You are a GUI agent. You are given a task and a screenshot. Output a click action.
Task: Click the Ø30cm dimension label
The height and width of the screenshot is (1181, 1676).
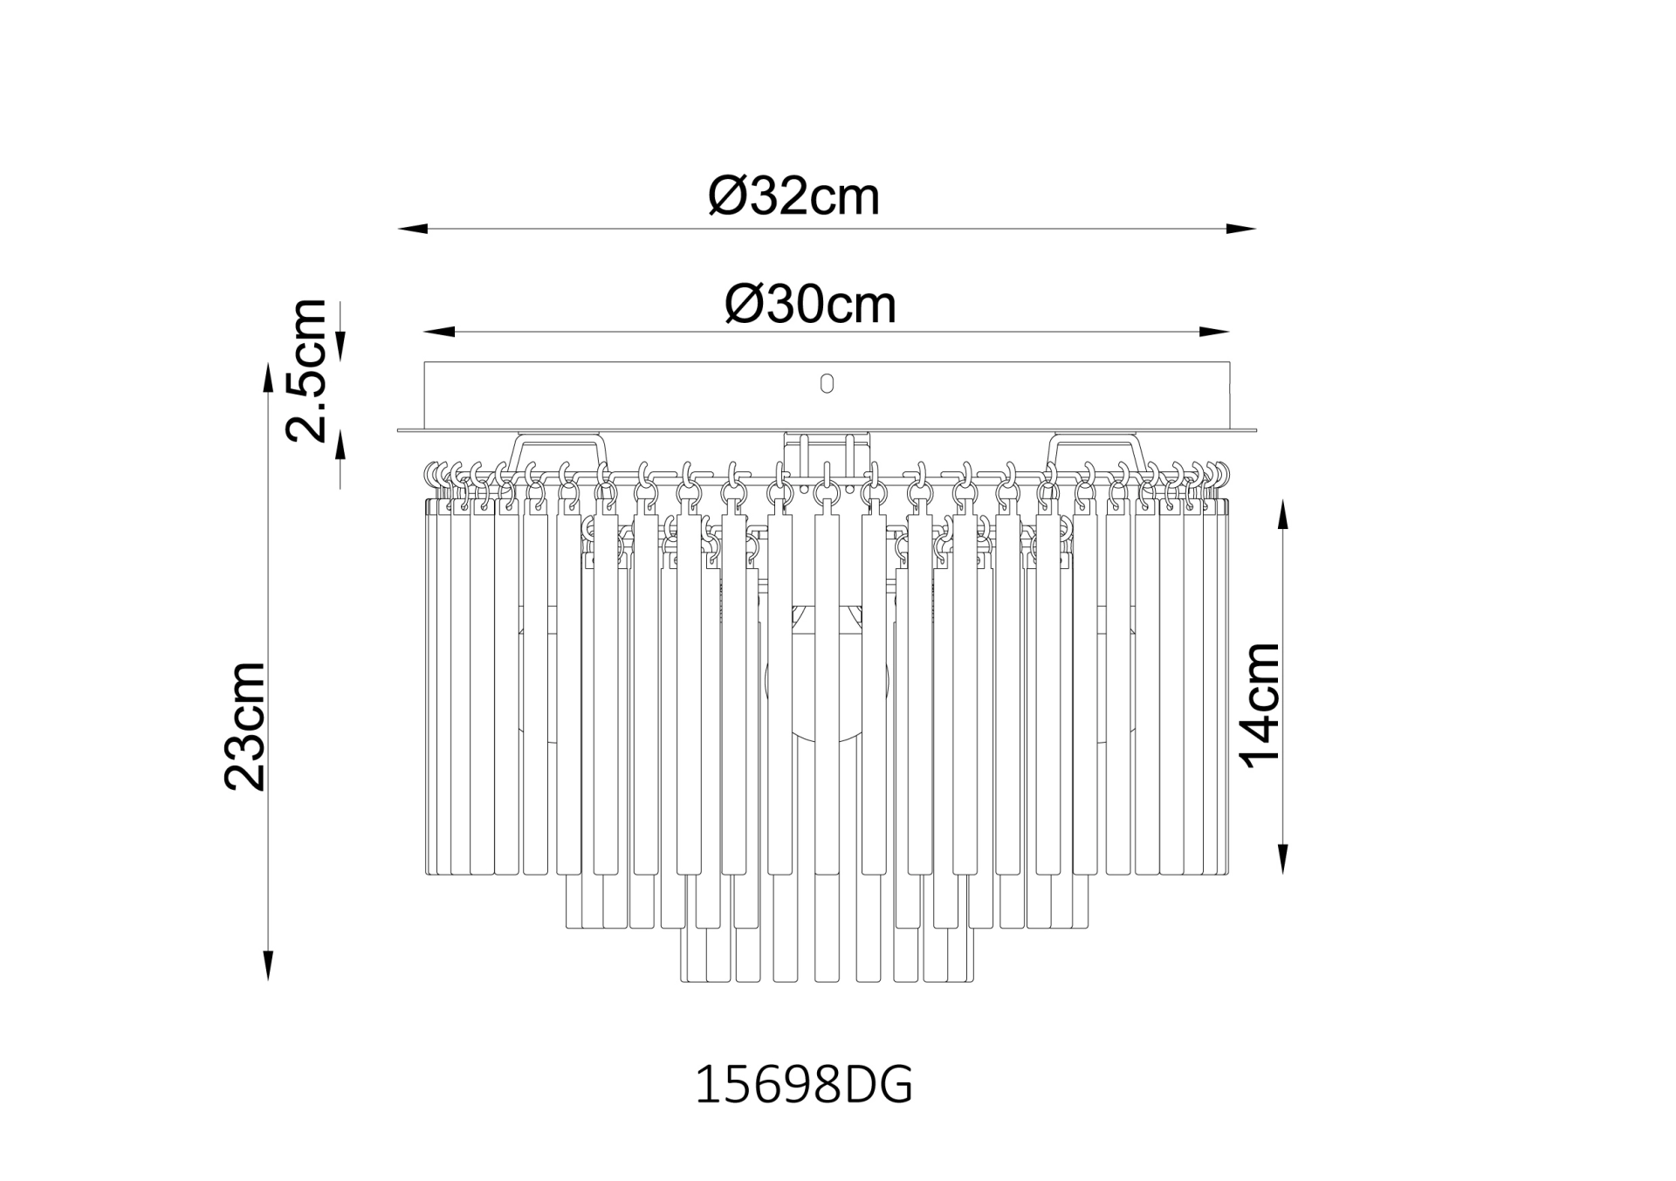coord(810,305)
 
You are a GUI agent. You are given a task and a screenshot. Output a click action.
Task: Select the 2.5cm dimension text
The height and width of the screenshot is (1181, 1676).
coord(307,370)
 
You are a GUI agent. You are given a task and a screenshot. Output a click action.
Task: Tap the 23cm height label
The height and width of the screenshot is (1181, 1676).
coord(245,726)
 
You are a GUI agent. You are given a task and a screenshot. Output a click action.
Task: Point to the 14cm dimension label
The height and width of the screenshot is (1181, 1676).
coord(1261,705)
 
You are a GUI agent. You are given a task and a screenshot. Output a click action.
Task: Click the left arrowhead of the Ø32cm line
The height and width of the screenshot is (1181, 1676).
coord(413,230)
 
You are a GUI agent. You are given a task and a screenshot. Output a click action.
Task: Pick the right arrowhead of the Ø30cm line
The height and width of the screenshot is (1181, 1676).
coord(1215,333)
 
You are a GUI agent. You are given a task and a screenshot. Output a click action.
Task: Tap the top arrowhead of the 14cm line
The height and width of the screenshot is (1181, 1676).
coord(1282,515)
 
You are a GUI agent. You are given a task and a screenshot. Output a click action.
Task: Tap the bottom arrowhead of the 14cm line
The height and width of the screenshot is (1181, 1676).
coord(1282,859)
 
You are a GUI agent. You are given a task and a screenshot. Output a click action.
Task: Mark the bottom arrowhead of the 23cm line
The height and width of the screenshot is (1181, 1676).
coord(269,964)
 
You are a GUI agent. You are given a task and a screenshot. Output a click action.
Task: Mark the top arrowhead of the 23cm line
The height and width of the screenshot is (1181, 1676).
coord(269,379)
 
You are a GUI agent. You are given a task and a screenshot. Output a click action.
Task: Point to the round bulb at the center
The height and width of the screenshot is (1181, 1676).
coord(826,690)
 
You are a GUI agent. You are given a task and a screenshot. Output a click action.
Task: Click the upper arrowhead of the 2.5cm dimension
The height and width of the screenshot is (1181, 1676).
coord(340,347)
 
